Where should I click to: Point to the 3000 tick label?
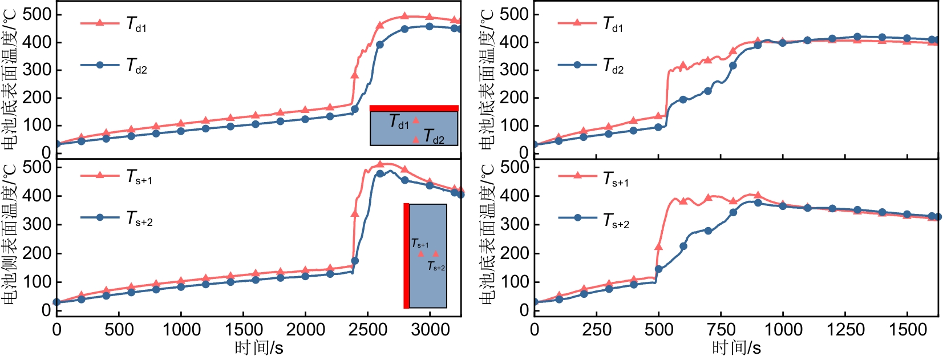[430, 329]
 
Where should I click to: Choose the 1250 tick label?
[845, 329]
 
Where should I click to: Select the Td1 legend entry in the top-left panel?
[114, 24]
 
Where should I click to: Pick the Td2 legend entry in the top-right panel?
[591, 66]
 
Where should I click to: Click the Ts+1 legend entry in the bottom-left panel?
[116, 176]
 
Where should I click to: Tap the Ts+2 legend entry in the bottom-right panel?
[594, 219]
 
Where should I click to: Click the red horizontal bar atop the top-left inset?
[414, 108]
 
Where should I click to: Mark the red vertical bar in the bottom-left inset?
[406, 256]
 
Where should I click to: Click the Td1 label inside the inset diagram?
[399, 122]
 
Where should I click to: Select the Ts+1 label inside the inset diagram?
[420, 244]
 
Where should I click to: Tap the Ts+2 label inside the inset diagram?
[436, 266]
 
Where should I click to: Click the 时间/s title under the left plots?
[258, 347]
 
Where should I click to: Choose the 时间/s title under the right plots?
[736, 347]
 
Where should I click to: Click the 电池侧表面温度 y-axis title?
[10, 234]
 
